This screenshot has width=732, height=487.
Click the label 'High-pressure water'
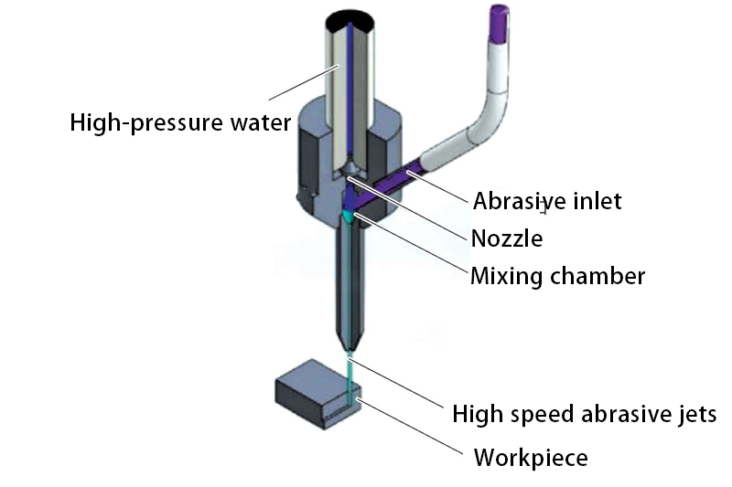tap(179, 122)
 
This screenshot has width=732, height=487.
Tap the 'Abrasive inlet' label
tap(547, 200)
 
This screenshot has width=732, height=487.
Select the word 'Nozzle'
tap(507, 238)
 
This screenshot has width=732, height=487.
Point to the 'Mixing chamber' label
tap(557, 275)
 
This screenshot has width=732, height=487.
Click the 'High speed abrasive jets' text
tap(584, 414)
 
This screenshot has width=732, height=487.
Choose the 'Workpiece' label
tap(530, 456)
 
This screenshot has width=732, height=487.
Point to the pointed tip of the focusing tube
tap(348, 351)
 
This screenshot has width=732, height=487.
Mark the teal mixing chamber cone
tap(348, 217)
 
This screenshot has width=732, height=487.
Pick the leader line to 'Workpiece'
tap(412, 424)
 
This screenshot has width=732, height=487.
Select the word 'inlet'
tap(595, 200)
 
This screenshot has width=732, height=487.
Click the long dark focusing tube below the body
tap(348, 283)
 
